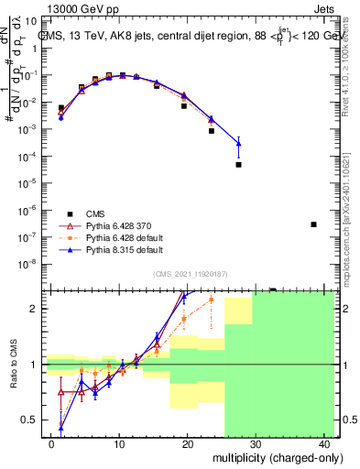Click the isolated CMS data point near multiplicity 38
(313, 224)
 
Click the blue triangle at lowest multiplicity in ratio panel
(61, 427)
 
